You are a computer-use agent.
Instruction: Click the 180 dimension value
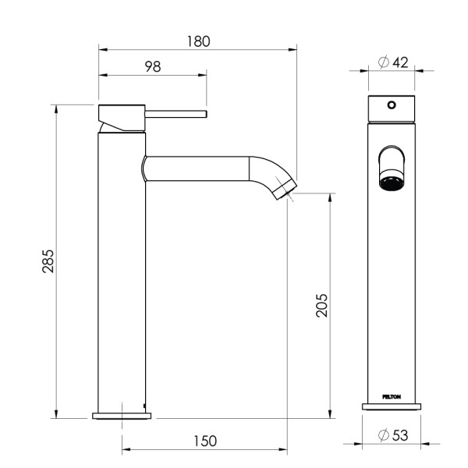pos(199,41)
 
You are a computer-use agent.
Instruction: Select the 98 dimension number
pos(153,67)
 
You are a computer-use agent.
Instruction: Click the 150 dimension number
pos(204,441)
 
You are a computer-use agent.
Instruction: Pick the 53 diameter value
pos(400,435)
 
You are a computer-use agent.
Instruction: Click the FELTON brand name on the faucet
pos(392,396)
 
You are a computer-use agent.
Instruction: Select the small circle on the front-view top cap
pos(392,105)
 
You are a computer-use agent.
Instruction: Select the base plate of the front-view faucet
pos(392,406)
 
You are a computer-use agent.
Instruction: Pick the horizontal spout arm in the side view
pos(199,168)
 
